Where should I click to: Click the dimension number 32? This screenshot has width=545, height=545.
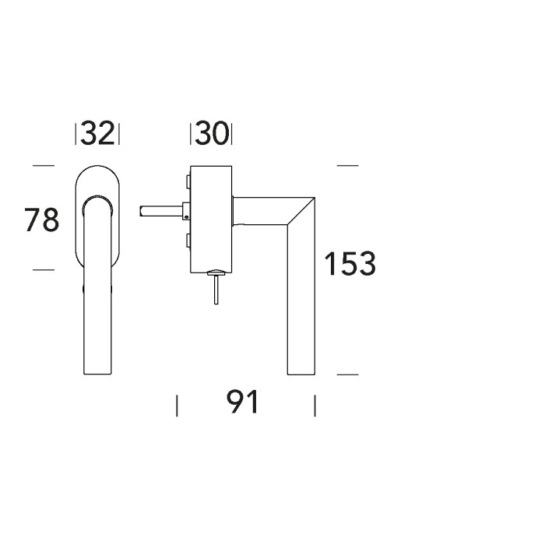click(97, 133)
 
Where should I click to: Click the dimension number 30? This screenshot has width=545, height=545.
click(212, 133)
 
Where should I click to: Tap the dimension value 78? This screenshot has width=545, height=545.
click(42, 220)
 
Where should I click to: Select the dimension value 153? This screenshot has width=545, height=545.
click(350, 263)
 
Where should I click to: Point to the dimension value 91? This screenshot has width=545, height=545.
click(242, 402)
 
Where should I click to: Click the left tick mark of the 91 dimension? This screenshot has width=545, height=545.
click(177, 406)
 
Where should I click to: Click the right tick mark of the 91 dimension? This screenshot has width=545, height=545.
click(315, 406)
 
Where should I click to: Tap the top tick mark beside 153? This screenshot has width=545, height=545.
click(347, 166)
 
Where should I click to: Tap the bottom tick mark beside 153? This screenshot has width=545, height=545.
click(347, 374)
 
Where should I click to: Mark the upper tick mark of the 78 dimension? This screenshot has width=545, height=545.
click(44, 166)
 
